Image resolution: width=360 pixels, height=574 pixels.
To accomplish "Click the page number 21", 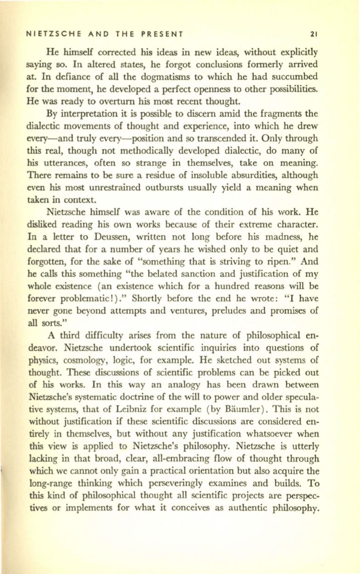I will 314,34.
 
